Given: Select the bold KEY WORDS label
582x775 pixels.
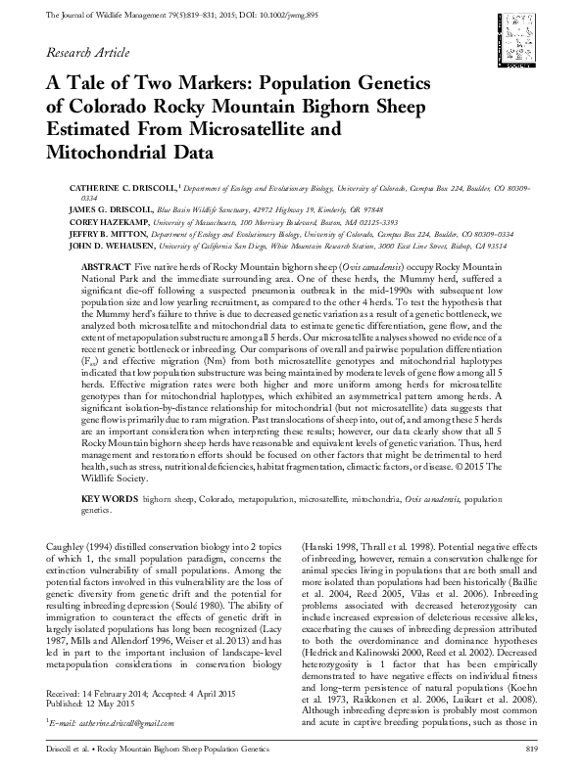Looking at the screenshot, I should [x=109, y=498].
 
